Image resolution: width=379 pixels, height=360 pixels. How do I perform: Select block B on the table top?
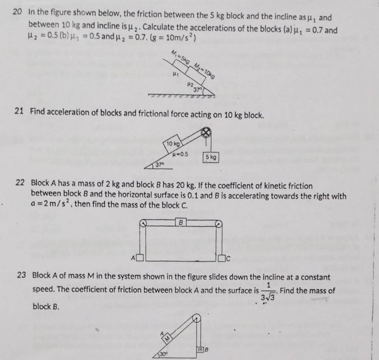point(181,223)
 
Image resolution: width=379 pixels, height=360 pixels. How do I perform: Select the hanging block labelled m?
point(200,349)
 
